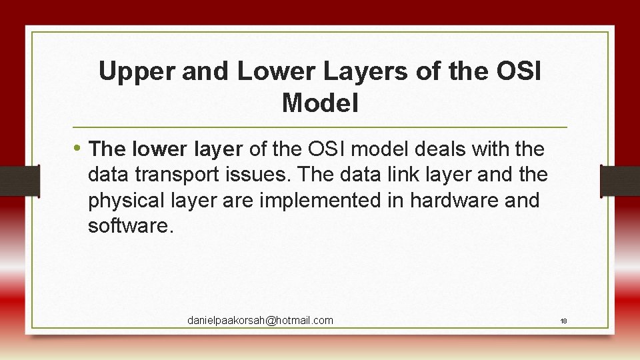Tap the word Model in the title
(320, 103)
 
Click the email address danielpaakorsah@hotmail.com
(260, 321)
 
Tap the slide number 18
(563, 321)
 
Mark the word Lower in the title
(267, 72)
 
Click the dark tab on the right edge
(619, 181)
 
